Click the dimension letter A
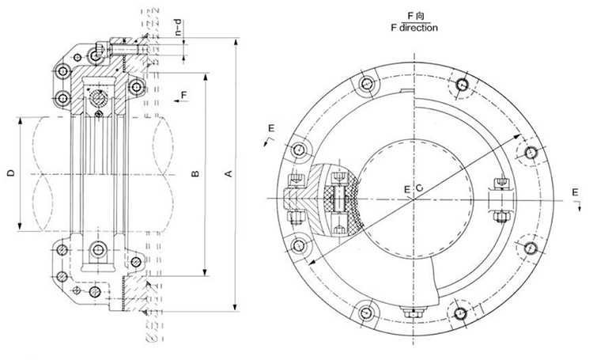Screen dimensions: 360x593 230,173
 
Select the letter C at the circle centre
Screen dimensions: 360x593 420,188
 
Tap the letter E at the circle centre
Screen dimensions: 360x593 407,188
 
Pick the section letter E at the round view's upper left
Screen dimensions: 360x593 271,128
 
